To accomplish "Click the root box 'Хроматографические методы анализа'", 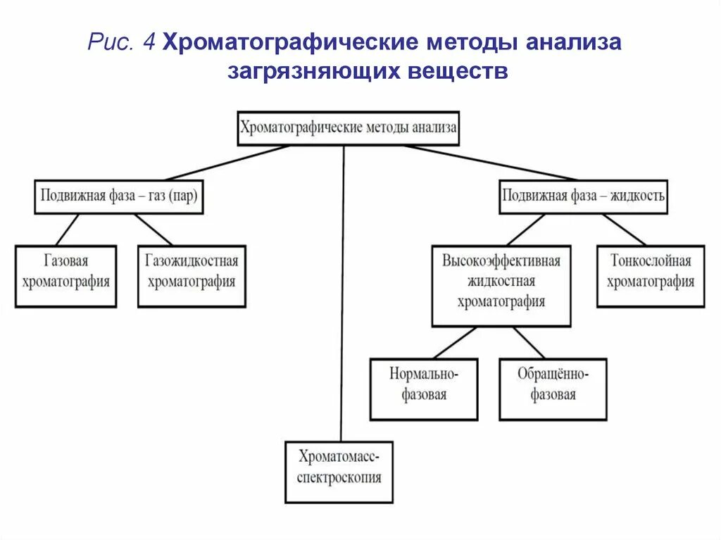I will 349,128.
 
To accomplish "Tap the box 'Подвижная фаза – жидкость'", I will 583,196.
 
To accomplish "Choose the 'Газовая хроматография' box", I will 65,275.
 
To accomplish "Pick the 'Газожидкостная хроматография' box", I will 192,275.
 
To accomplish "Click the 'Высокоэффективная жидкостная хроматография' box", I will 501,285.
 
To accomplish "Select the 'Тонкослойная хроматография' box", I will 651,275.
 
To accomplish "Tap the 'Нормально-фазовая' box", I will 424,389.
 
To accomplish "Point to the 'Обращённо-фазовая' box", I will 553,389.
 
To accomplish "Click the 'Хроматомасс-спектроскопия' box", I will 339,472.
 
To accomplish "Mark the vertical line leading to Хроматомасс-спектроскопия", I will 342,296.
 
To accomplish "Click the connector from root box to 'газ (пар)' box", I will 227,163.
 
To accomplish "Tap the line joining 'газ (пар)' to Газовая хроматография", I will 68,229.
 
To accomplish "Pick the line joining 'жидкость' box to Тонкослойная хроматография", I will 624,229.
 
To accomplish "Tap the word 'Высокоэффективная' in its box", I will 501,261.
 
